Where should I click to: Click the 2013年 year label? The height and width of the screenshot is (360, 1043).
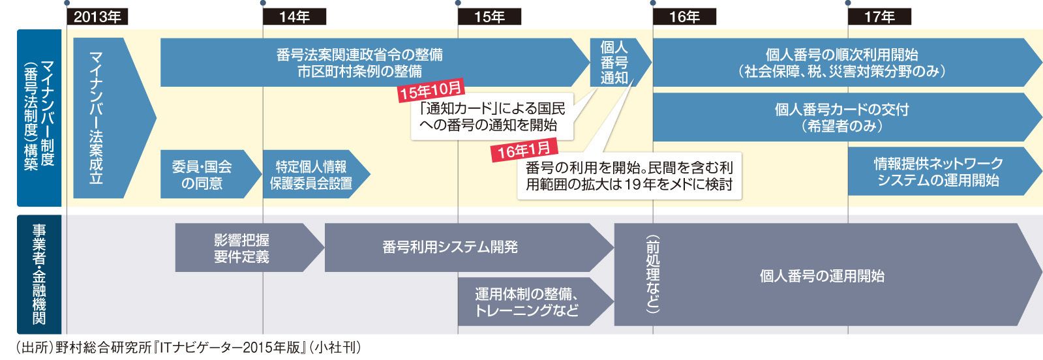point(98,17)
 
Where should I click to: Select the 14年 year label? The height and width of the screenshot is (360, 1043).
point(294,17)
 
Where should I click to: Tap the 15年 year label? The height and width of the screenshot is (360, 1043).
point(489,17)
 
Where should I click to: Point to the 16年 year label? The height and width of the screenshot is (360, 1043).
point(684,17)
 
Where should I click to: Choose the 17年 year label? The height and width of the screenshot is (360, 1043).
point(879,17)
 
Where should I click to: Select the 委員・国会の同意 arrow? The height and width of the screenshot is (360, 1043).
point(202,174)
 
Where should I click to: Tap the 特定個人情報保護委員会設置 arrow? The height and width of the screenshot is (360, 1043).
point(312,174)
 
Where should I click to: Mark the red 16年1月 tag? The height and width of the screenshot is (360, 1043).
point(524,150)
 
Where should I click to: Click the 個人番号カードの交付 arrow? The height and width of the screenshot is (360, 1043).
point(841,117)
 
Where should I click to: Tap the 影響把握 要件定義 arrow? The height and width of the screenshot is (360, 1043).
point(242,248)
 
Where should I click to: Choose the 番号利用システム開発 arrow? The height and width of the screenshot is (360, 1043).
point(451,247)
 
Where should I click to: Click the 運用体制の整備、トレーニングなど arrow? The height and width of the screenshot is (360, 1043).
point(527,301)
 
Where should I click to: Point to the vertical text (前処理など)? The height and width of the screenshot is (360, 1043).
point(652,275)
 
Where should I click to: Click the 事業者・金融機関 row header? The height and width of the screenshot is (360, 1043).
point(39,275)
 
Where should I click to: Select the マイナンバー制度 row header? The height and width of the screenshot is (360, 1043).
point(39,117)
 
